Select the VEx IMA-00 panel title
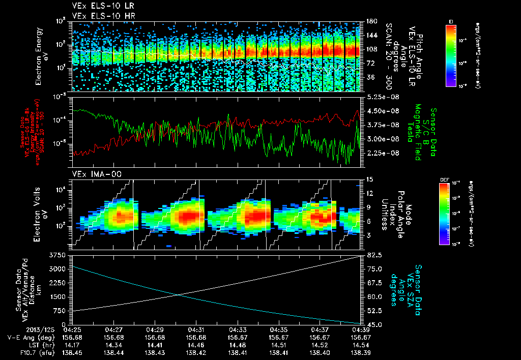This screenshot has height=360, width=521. [x=93, y=174]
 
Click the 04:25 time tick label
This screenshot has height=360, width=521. [x=73, y=330]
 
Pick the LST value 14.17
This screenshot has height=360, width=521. [x=73, y=345]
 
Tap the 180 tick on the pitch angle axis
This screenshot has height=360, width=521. [x=370, y=21]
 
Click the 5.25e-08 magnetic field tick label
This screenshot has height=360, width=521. [x=381, y=97]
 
